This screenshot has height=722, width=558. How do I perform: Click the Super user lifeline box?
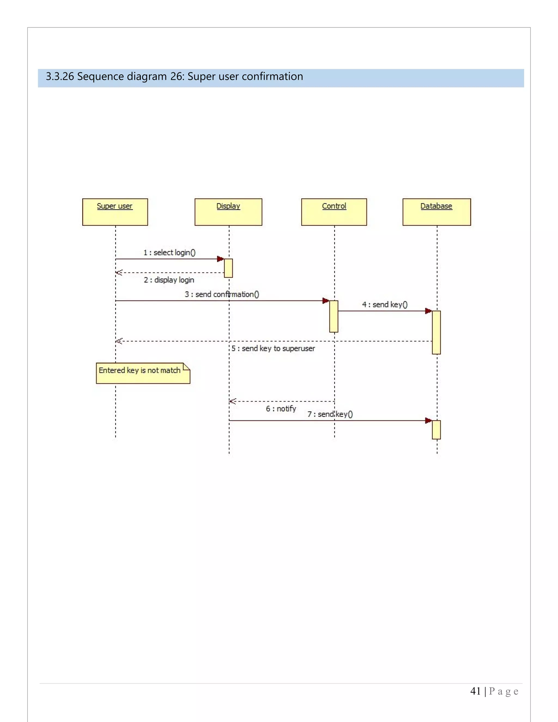click(x=115, y=212)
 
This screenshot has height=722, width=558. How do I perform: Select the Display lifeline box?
click(x=228, y=212)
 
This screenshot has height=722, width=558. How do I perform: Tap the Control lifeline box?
click(x=334, y=212)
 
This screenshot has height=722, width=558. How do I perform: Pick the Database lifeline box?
click(x=436, y=212)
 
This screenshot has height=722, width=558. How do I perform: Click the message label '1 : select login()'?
click(x=169, y=253)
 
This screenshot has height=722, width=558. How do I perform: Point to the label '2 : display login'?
click(x=169, y=280)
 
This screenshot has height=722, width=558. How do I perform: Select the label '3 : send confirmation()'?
click(x=222, y=294)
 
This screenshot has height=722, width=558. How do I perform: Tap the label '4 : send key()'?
click(x=385, y=305)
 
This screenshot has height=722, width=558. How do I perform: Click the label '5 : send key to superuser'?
click(x=273, y=348)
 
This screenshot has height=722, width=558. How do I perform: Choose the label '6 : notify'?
click(x=281, y=409)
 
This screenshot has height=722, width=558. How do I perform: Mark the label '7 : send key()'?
click(x=330, y=414)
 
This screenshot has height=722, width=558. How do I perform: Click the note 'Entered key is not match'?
click(x=143, y=373)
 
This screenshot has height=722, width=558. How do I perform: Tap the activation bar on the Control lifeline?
click(x=333, y=316)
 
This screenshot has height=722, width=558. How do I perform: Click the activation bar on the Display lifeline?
click(x=228, y=268)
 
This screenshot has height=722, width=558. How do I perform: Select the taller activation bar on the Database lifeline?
click(x=436, y=332)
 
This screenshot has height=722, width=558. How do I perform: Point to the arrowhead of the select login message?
click(x=220, y=259)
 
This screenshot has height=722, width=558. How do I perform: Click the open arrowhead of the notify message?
click(x=232, y=401)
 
